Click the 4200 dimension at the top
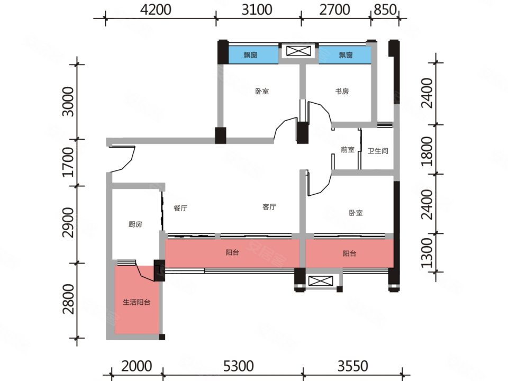click(156, 10)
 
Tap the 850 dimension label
click(385, 10)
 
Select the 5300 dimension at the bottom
click(239, 366)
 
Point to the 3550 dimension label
click(353, 366)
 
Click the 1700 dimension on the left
click(68, 162)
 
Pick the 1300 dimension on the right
click(427, 253)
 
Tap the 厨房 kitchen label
click(135, 224)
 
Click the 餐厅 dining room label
click(180, 208)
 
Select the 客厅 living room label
click(269, 207)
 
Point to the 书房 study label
click(342, 92)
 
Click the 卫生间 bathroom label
click(378, 151)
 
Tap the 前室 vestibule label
click(348, 150)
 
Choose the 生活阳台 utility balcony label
click(137, 302)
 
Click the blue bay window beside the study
click(345, 55)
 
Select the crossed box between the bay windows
click(298, 51)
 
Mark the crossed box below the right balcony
click(321, 281)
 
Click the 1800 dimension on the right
click(427, 151)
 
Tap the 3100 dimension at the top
click(257, 10)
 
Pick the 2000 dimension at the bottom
click(137, 366)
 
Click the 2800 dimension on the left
click(68, 299)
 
